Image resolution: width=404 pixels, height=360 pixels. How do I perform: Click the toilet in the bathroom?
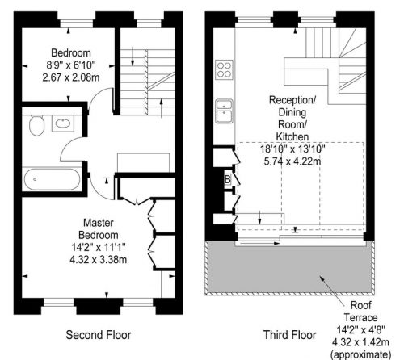[36, 125]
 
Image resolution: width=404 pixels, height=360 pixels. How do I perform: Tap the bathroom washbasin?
[63, 123]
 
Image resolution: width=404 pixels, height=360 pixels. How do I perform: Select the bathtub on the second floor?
[52, 179]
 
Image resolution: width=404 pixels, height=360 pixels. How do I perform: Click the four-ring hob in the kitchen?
[224, 69]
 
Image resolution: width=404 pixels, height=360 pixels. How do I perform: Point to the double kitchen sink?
[224, 111]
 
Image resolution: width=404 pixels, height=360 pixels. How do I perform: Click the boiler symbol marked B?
[228, 179]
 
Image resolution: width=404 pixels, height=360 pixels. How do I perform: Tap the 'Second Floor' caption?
[99, 335]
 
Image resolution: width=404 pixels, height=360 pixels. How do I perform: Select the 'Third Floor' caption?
[289, 335]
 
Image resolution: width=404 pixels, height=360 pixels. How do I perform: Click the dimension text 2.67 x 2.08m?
[71, 77]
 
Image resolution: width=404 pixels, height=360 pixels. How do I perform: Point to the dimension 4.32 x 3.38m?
[99, 260]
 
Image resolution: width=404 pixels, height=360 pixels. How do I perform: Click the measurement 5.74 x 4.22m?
[292, 161]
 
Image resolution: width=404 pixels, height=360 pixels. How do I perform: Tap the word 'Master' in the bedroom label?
[99, 223]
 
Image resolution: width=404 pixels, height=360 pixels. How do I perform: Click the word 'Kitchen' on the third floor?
[292, 136]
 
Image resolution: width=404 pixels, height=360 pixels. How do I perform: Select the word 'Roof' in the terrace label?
[361, 305]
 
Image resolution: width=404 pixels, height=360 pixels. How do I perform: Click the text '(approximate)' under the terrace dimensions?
[361, 354]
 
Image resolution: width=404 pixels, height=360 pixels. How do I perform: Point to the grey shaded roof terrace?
[289, 268]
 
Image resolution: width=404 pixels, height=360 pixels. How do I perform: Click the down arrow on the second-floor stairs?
[133, 57]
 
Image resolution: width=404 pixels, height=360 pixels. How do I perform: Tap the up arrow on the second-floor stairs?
[162, 108]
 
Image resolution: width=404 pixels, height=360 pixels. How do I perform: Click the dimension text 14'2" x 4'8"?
[361, 329]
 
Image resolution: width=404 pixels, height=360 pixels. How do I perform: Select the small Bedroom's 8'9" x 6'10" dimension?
[71, 65]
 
